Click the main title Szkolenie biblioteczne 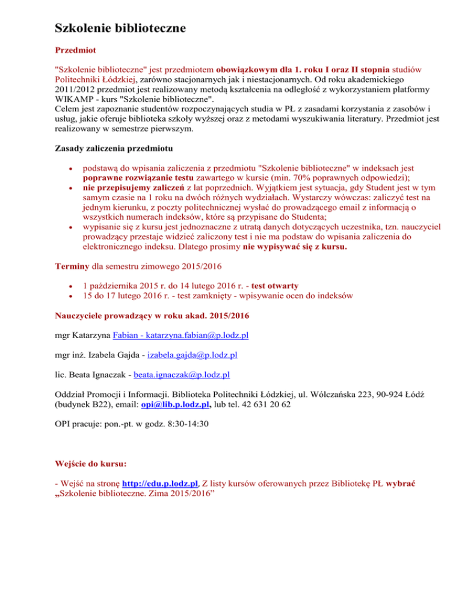[120, 28]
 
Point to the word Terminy [72, 265]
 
